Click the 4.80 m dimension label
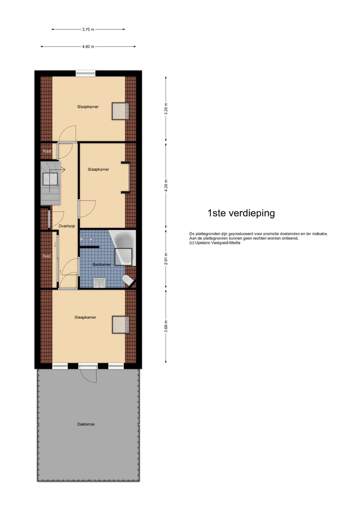[x=88, y=47]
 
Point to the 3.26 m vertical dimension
[x=166, y=109]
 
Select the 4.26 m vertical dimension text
[x=166, y=185]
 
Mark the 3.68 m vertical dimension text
[x=166, y=326]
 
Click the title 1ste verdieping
[x=241, y=213]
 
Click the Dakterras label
[x=86, y=424]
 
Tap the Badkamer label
[x=101, y=264]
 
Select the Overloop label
[x=67, y=226]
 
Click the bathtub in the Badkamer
[x=123, y=247]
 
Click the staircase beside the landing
[x=50, y=183]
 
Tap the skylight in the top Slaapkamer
[x=120, y=111]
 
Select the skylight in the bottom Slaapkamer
[x=120, y=325]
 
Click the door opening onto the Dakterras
[x=88, y=372]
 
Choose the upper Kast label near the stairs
[x=47, y=151]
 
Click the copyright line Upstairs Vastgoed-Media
[x=215, y=243]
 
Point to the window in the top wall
[x=85, y=73]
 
